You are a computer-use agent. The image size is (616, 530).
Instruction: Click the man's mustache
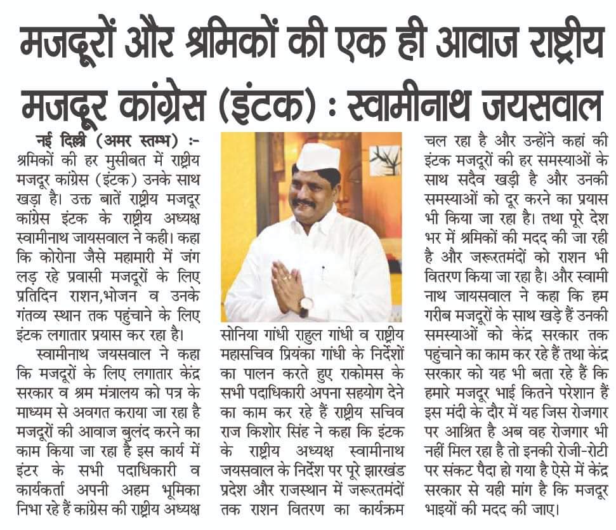[x=303, y=204]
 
